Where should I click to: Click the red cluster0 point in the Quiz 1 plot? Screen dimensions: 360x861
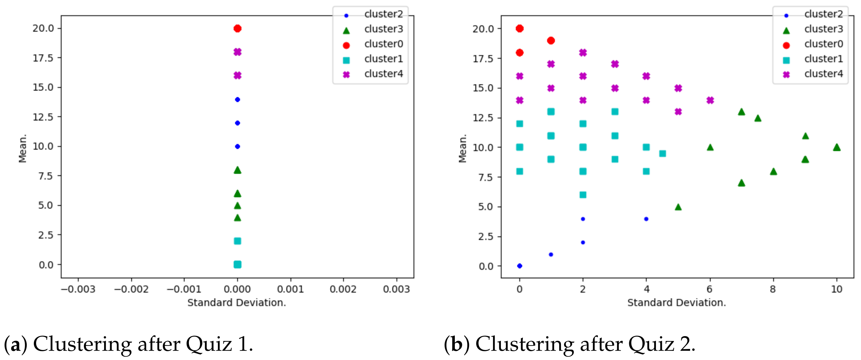pos(237,28)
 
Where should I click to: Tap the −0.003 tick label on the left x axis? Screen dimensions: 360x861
pos(78,289)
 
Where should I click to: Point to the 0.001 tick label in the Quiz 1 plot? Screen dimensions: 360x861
pos(290,289)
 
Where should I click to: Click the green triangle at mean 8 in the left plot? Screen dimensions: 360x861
pos(237,170)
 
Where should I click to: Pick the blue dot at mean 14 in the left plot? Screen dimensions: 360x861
pos(237,100)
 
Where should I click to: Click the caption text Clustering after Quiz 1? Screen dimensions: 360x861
pos(143,344)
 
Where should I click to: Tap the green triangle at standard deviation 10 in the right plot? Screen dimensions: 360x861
pos(837,147)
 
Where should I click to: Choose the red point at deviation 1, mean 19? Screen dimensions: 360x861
pos(551,40)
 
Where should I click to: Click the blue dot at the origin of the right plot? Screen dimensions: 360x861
pos(519,266)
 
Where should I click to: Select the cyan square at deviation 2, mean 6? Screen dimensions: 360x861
pos(583,195)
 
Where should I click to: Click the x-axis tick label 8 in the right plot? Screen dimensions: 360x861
pos(773,289)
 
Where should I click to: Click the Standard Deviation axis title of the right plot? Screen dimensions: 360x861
pos(676,303)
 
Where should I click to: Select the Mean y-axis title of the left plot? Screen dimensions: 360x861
pos(22,148)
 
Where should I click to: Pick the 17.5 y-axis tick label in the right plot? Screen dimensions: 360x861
pos(483,59)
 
